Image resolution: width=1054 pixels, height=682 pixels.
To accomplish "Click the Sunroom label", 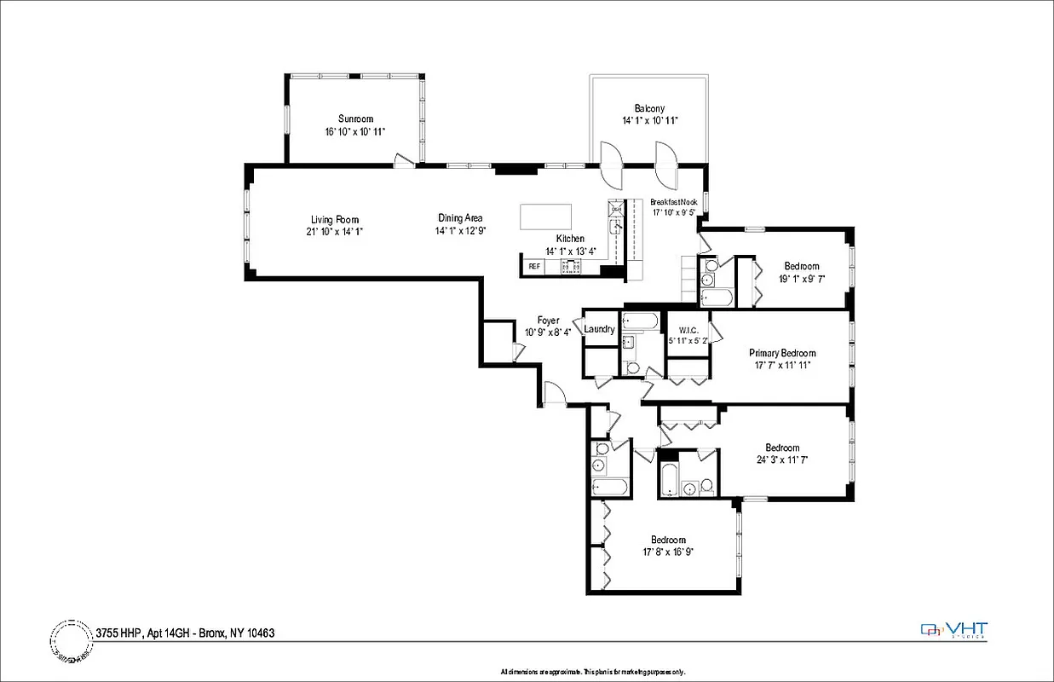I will [x=355, y=118].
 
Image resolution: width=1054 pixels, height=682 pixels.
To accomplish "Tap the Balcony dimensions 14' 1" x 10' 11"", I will [x=649, y=121].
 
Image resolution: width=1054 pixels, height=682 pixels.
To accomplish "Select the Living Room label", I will [x=334, y=220].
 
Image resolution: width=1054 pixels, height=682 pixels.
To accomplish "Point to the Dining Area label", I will [x=460, y=218].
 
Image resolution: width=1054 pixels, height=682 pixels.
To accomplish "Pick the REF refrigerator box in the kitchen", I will [x=534, y=267].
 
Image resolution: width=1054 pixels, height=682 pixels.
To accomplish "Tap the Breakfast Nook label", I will [x=674, y=202].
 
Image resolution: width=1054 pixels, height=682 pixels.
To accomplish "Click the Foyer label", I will [x=548, y=321].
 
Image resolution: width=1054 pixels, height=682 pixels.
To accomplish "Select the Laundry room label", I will [x=600, y=330].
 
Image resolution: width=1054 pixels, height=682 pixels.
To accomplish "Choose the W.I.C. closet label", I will [x=688, y=330].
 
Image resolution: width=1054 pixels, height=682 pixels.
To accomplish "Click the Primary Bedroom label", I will [x=782, y=353].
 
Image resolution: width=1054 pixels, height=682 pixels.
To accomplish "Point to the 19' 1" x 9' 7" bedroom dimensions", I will [x=801, y=279].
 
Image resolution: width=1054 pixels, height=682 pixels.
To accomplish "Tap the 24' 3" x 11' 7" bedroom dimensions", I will [x=781, y=459].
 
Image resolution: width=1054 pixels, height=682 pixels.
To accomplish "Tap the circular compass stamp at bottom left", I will [x=72, y=639].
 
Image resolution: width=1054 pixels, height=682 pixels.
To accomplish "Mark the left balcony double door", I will [x=611, y=165].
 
